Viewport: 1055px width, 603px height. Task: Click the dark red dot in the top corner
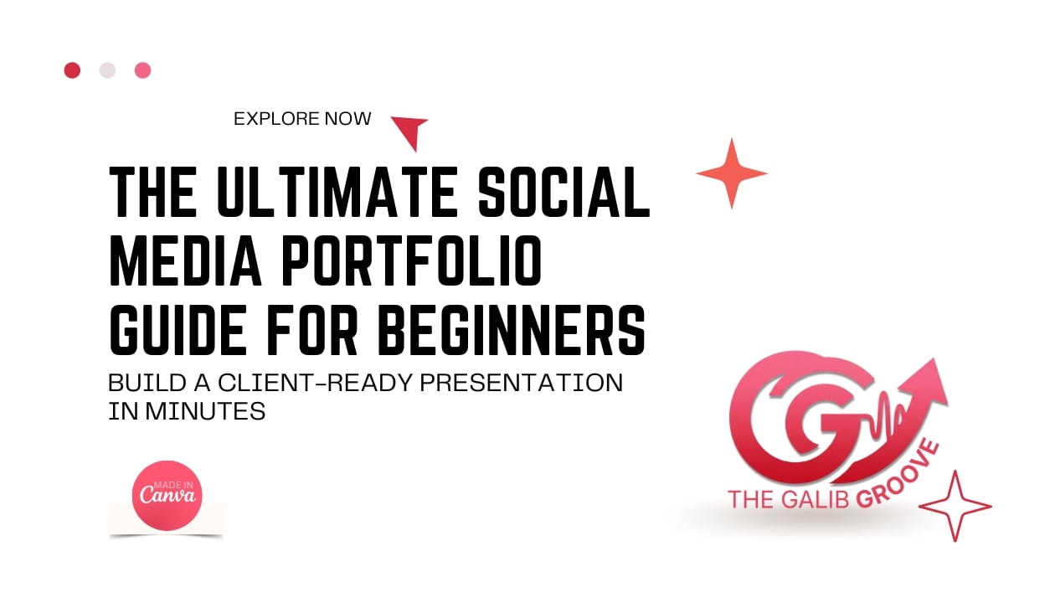coord(72,70)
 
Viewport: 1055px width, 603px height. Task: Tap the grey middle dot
coord(107,70)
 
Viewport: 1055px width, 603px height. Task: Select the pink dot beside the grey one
coord(143,70)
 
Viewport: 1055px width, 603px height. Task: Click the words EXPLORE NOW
coord(302,119)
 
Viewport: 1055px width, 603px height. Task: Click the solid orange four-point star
coord(731,173)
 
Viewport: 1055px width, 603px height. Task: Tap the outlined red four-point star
coord(955,505)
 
